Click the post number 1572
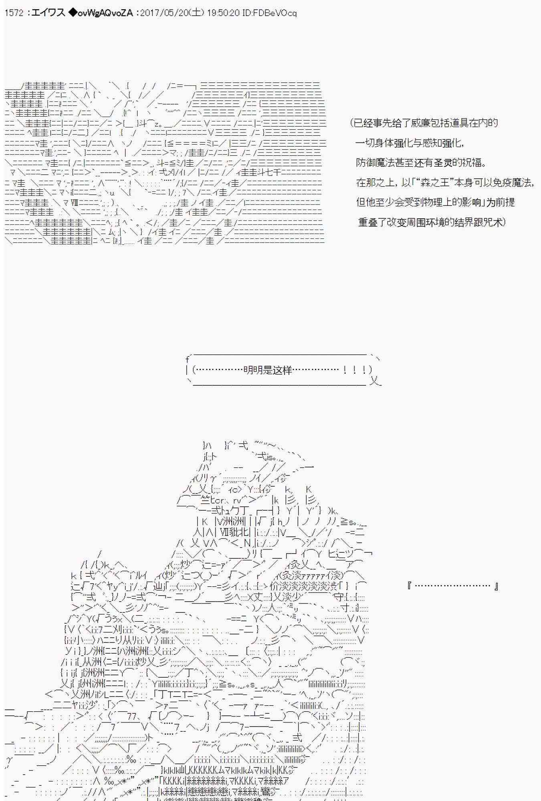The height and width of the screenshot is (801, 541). (14, 13)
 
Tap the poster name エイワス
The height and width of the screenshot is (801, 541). (48, 13)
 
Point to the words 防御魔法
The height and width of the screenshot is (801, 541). (375, 163)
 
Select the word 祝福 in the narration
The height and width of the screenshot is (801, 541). (474, 163)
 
